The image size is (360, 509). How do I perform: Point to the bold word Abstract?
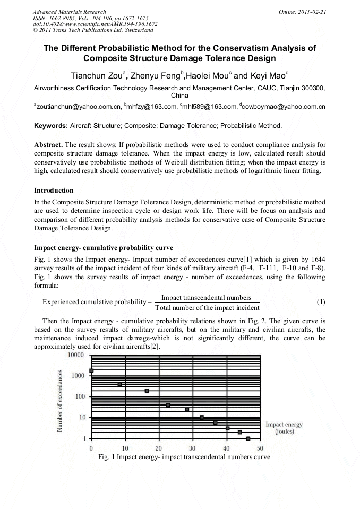(50, 144)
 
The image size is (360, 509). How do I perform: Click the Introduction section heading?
(54, 190)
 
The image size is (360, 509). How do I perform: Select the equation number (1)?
(321, 302)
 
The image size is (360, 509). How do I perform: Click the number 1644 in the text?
(317, 258)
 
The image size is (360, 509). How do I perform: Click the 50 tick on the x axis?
(260, 448)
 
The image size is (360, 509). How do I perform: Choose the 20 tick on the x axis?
(159, 448)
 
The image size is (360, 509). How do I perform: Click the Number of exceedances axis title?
(61, 400)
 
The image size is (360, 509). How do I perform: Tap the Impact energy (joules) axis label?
(284, 428)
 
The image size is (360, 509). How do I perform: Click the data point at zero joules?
(91, 370)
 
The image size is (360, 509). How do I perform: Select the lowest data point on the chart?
(248, 438)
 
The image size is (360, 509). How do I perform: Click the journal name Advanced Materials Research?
(69, 11)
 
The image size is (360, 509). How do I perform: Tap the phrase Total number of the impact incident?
(207, 307)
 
